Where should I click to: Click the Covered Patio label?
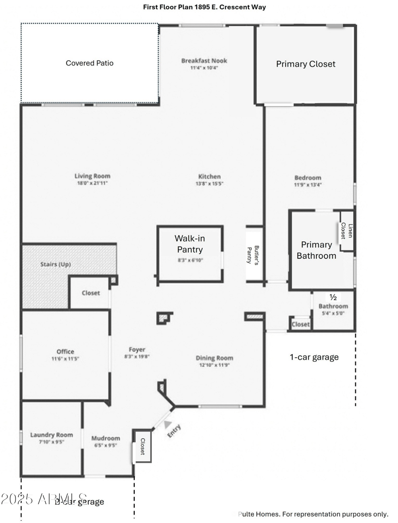pos(90,63)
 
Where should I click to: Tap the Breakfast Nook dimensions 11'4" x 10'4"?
pos(204,68)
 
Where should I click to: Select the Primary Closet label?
pos(305,64)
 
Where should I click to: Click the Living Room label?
pos(92,176)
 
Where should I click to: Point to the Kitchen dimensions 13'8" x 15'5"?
pos(209,184)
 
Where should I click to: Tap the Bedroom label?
pos(307,177)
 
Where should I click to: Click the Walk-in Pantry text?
pos(188,244)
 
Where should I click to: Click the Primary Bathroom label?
pos(316,250)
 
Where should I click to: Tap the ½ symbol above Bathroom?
pos(333,298)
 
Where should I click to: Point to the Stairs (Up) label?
pos(55,264)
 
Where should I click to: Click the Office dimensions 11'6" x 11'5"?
pos(65,359)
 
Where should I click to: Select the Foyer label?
pos(137,350)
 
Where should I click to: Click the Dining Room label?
pos(214,358)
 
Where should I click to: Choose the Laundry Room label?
pos(51,435)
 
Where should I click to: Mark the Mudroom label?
pos(105,438)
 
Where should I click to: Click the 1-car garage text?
pos(314,357)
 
